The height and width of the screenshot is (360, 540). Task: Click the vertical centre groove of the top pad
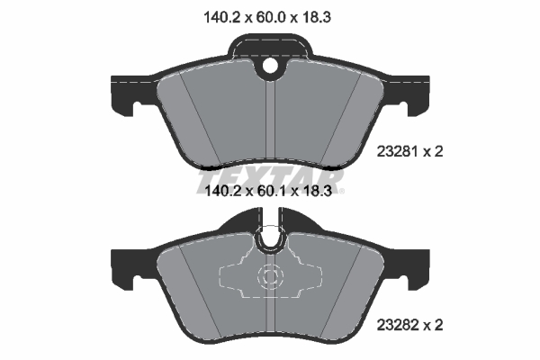pyautogui.click(x=271, y=121)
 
